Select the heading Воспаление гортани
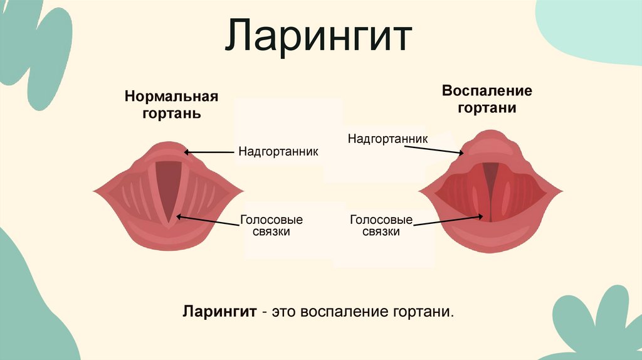[487, 99]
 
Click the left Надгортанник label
[278, 152]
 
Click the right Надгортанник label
[388, 138]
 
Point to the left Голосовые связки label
[271, 226]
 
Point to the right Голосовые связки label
[381, 226]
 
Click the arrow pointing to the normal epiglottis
[210, 152]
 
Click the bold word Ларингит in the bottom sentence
[219, 312]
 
